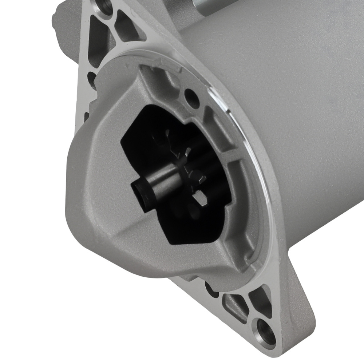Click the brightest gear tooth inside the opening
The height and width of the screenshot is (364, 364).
(x=199, y=199)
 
